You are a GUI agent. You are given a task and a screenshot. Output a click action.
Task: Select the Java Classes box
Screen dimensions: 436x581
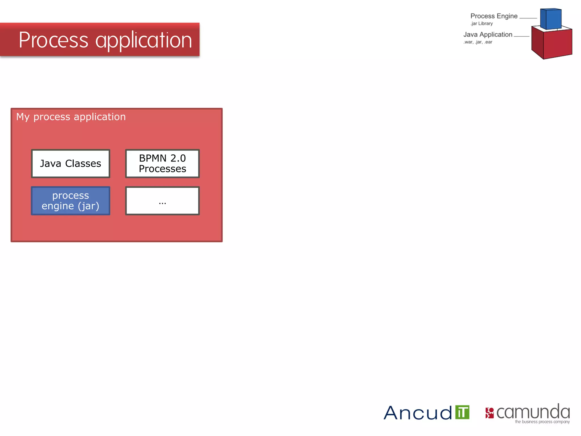(70, 163)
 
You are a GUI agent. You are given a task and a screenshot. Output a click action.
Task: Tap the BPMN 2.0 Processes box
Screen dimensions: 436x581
(162, 163)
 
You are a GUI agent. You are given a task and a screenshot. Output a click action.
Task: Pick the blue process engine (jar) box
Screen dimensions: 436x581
(70, 201)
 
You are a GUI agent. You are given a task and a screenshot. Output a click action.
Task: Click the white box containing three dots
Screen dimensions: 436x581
(162, 201)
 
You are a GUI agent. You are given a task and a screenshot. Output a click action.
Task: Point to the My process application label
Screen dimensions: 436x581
(71, 117)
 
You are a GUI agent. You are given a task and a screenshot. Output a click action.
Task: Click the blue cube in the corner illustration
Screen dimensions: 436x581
(550, 19)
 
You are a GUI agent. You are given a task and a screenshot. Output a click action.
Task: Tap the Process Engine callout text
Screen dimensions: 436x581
(494, 16)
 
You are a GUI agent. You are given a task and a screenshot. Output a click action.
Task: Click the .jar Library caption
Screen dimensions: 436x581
(481, 24)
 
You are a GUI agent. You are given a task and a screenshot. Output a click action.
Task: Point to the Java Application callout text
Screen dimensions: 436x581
(488, 35)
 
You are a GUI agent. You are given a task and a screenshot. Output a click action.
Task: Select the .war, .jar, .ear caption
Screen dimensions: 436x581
(478, 42)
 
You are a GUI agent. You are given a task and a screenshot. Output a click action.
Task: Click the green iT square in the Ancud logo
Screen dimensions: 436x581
(462, 412)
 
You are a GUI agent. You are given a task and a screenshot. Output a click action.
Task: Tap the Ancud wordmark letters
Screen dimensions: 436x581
(418, 413)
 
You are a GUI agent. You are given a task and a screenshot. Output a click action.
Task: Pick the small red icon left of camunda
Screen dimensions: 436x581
(489, 413)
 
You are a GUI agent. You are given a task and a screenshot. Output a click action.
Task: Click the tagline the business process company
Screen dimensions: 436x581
(542, 422)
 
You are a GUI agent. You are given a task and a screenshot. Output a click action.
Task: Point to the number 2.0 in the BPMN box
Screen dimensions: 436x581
(178, 158)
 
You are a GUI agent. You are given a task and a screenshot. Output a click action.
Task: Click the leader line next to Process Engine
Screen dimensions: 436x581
(528, 18)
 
